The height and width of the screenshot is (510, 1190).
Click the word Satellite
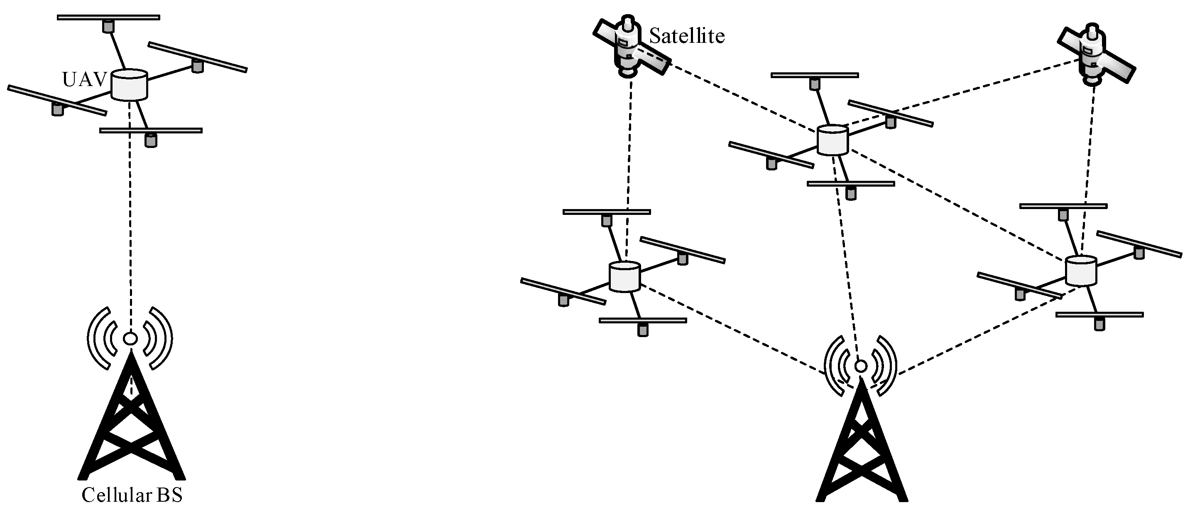point(686,37)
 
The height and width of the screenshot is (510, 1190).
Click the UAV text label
point(84,80)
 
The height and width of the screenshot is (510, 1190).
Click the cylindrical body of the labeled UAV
point(130,85)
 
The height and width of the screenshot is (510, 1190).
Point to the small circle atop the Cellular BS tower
point(131,338)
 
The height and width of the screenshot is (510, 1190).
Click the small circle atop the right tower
point(860,366)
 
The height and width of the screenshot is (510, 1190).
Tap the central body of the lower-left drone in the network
point(624,276)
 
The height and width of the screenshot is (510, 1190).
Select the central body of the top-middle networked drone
point(833,140)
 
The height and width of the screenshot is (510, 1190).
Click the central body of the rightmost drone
point(1081,271)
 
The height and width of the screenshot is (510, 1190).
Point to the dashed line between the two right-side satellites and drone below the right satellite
point(1089,162)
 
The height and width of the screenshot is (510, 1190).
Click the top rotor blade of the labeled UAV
point(108,17)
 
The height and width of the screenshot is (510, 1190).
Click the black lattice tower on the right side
point(861,453)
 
